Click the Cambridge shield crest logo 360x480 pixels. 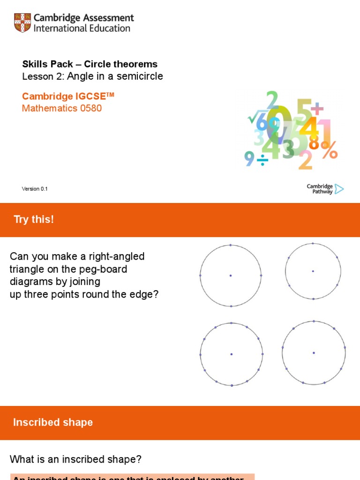pyautogui.click(x=22, y=23)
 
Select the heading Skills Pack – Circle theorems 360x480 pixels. pyautogui.click(x=90, y=64)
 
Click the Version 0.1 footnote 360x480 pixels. pyautogui.click(x=35, y=189)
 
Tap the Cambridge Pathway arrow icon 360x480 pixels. pyautogui.click(x=339, y=189)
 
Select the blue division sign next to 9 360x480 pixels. pyautogui.click(x=263, y=161)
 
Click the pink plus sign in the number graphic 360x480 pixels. pyautogui.click(x=317, y=110)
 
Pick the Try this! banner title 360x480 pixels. pyautogui.click(x=34, y=219)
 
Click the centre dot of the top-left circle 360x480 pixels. pyautogui.click(x=231, y=276)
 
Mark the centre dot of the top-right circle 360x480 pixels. pyautogui.click(x=313, y=271)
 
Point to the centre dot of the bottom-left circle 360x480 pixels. pyautogui.click(x=232, y=354)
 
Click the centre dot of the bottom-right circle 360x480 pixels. pyautogui.click(x=314, y=352)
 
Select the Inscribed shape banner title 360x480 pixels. pyautogui.click(x=53, y=422)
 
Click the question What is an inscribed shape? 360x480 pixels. pyautogui.click(x=75, y=460)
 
